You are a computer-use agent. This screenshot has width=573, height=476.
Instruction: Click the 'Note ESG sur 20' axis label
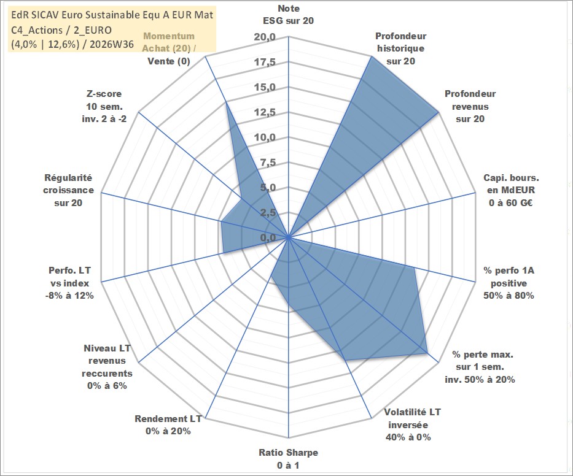tap(288, 15)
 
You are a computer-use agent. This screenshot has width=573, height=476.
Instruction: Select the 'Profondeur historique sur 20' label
tap(400, 48)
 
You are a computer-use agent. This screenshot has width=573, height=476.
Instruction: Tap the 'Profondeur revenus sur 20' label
tap(470, 106)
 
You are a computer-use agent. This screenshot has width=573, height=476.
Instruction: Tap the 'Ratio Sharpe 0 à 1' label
tap(288, 459)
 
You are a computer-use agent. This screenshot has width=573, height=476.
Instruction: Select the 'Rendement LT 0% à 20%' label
tap(168, 425)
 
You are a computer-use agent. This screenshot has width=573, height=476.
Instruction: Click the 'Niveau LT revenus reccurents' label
tap(107, 367)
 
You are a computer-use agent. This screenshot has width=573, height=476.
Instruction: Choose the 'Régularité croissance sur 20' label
tap(68, 190)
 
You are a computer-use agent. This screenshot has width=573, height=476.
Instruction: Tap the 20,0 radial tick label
tap(265, 37)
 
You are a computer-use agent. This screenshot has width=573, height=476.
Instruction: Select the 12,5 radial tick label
tap(265, 112)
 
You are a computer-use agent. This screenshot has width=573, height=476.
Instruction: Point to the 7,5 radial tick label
tap(268, 163)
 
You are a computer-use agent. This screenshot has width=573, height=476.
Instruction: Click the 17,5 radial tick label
tap(265, 62)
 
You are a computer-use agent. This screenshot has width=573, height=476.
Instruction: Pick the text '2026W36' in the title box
tap(112, 44)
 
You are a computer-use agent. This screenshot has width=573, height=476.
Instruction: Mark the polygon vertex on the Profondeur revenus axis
tap(437, 113)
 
